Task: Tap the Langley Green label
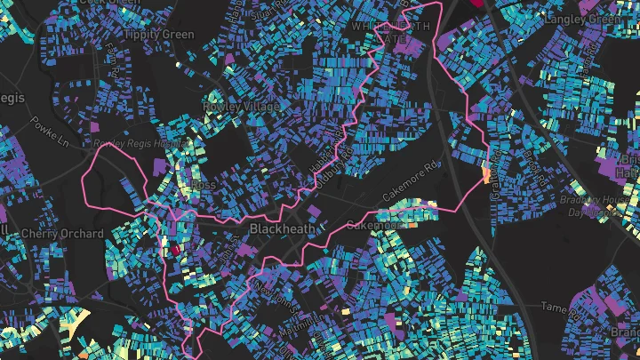tap(584, 19)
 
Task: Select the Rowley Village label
tap(240, 106)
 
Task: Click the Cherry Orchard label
tap(62, 234)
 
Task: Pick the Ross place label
tap(203, 185)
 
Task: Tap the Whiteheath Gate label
tap(390, 32)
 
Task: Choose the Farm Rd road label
tap(113, 57)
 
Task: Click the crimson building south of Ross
tap(175, 250)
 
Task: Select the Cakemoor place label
tap(373, 225)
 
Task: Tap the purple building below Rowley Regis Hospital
tap(159, 165)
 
